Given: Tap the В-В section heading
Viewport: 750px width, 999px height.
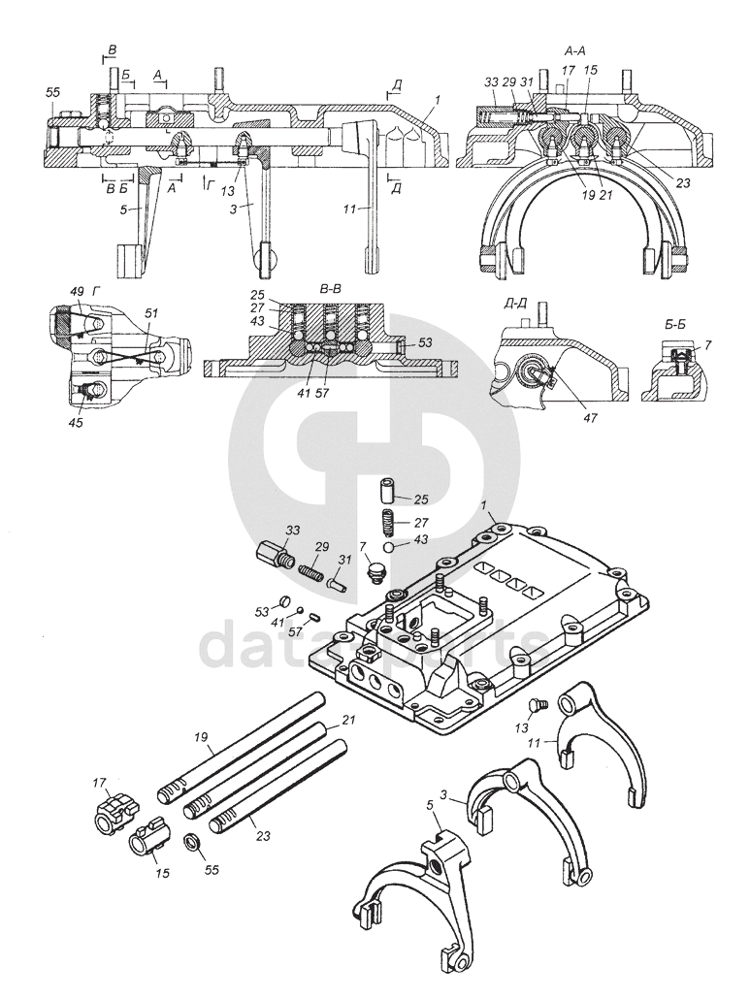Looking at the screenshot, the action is click(x=331, y=289).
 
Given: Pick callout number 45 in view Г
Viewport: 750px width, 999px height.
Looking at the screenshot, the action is click(x=77, y=421).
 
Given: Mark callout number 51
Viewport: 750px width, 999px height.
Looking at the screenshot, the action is click(x=151, y=313).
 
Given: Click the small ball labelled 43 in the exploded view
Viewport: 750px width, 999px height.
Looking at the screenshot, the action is click(x=389, y=547).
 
